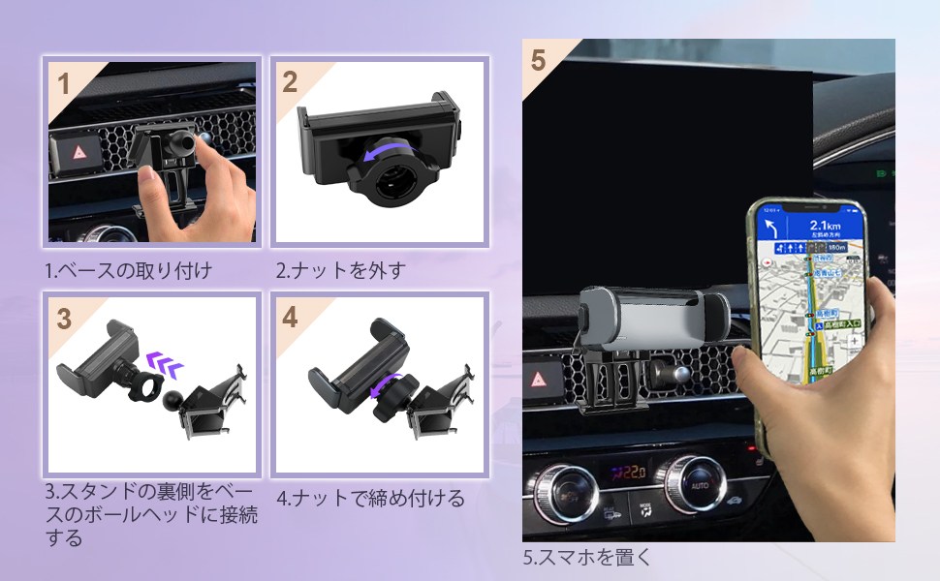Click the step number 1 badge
(64, 83)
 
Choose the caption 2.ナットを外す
(340, 270)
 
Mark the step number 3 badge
(64, 320)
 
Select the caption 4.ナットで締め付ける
(371, 500)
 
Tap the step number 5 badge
(539, 60)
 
